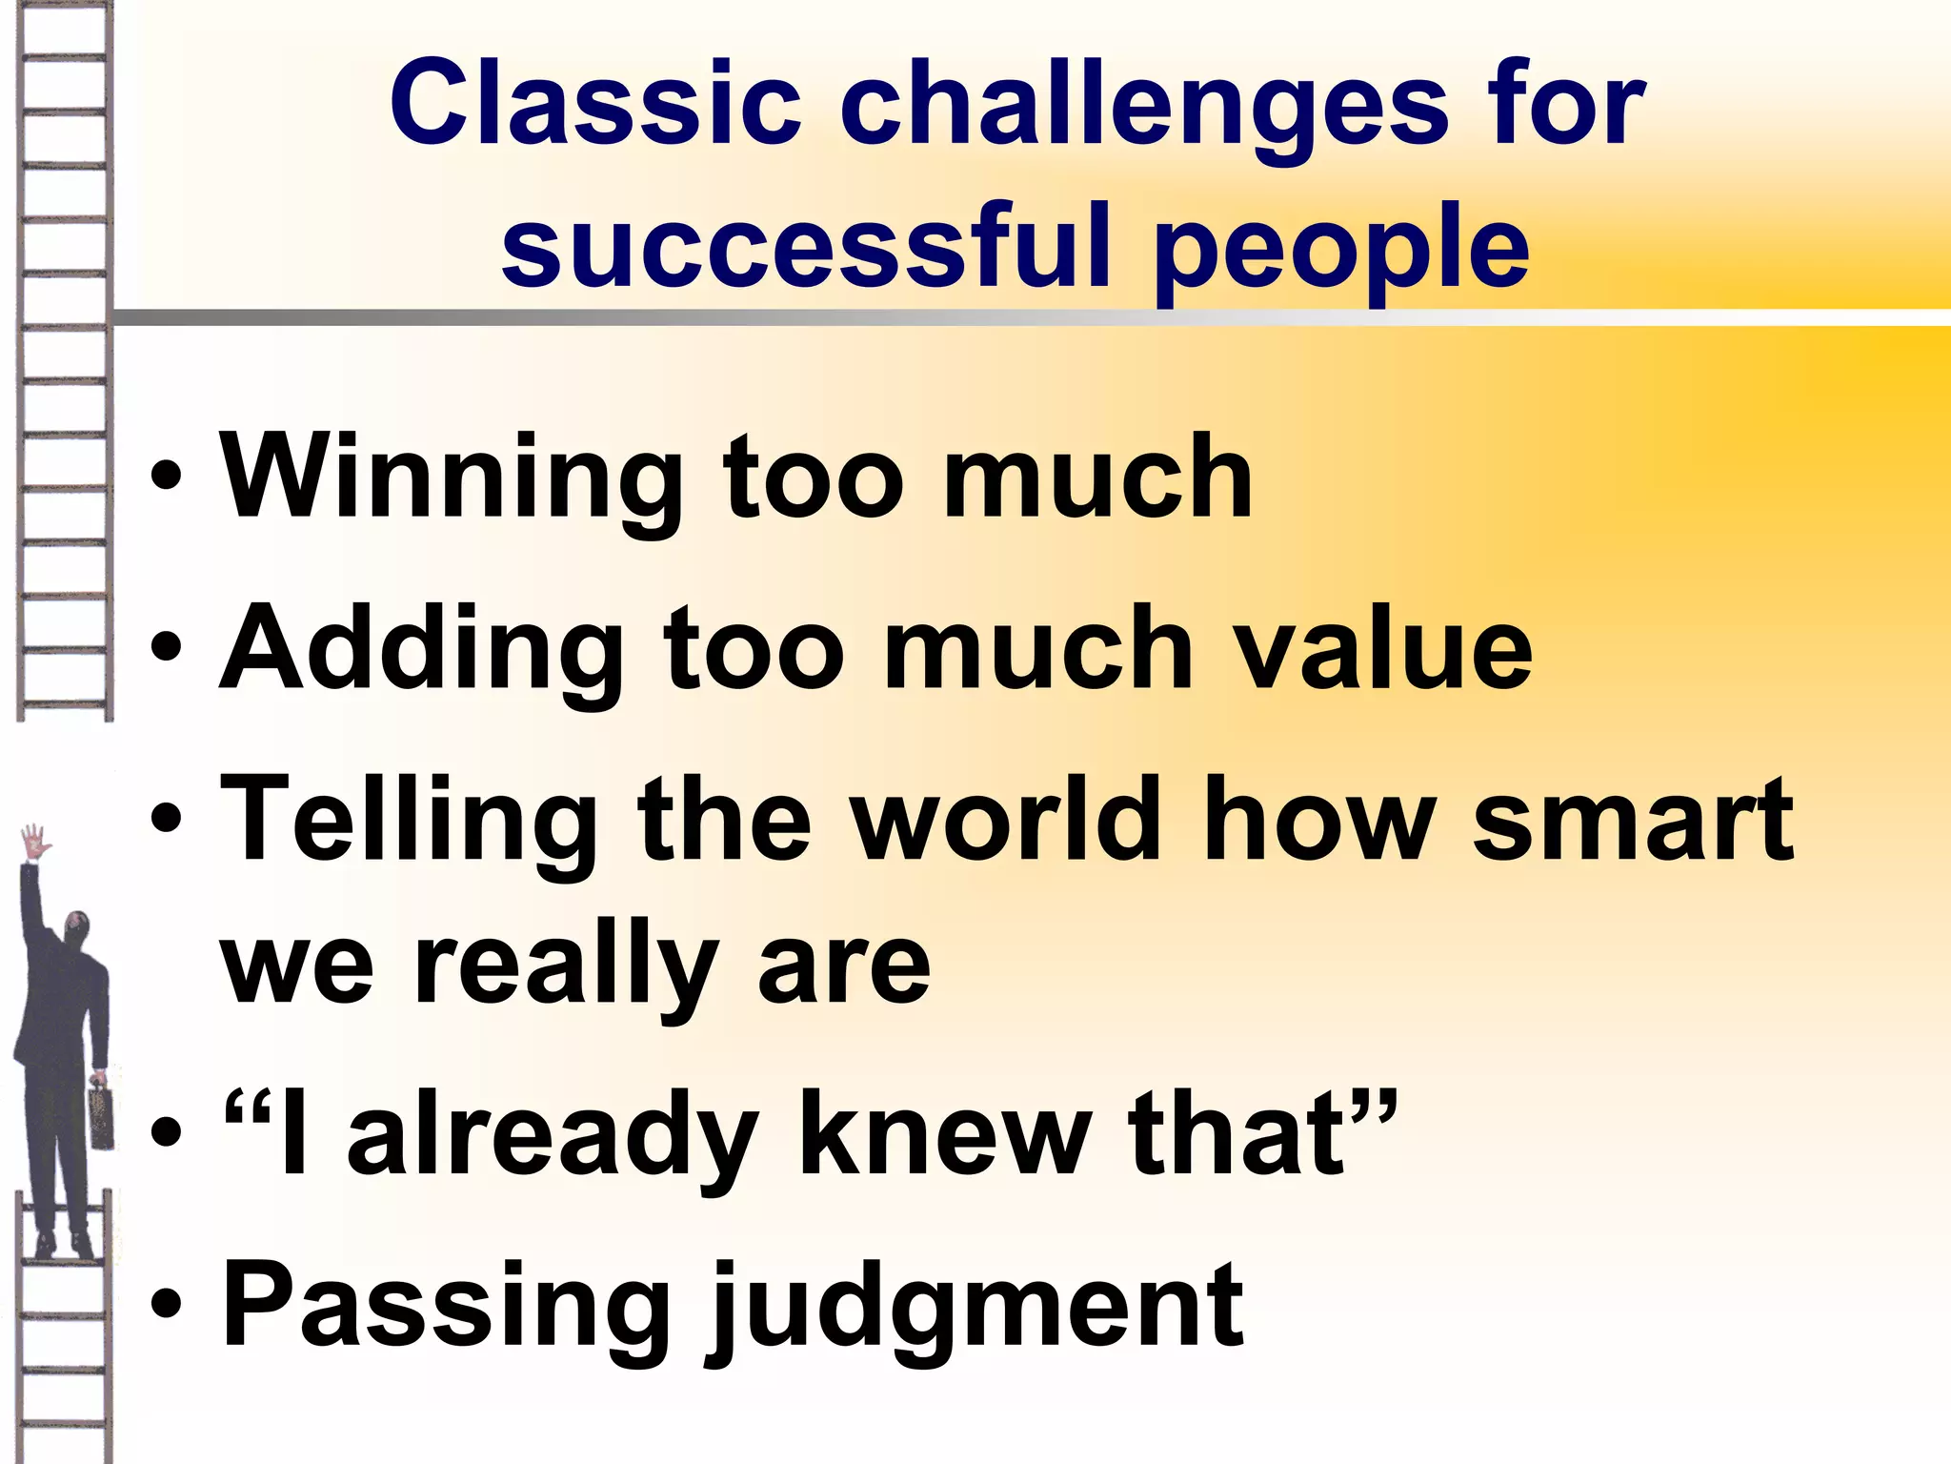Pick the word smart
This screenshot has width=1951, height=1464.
point(1633,820)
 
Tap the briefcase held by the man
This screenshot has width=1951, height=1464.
point(101,1115)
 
